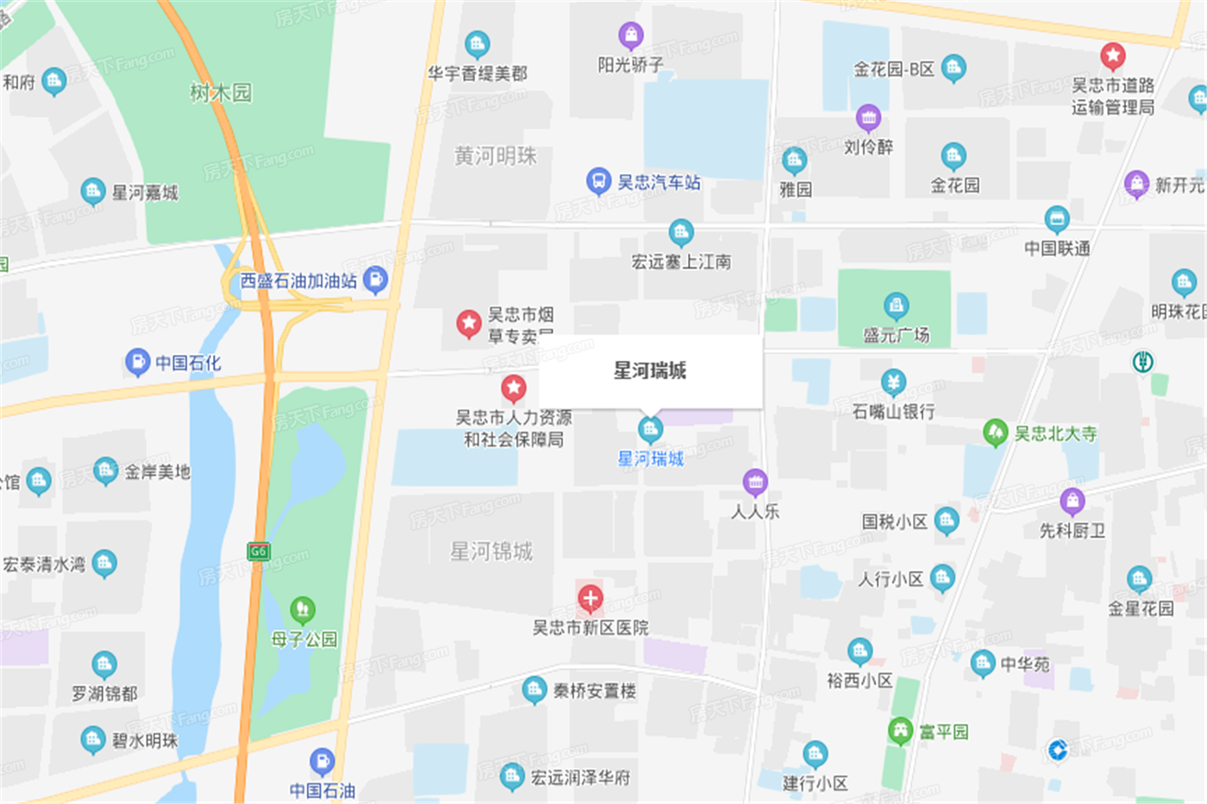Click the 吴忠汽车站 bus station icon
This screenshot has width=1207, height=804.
click(x=597, y=181)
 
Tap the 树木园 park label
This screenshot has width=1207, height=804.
click(x=221, y=92)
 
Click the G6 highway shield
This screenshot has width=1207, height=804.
click(x=258, y=551)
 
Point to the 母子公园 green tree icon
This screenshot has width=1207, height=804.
click(x=302, y=610)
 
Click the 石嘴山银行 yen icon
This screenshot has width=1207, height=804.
click(x=893, y=382)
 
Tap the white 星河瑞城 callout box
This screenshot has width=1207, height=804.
click(x=650, y=371)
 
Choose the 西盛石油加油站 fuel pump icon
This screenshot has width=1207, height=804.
click(x=375, y=279)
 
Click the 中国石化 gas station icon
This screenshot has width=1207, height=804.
click(x=137, y=362)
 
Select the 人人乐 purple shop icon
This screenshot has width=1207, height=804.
click(x=755, y=482)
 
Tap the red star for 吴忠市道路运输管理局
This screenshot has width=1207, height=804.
click(x=1112, y=56)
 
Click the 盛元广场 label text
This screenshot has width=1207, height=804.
click(x=897, y=335)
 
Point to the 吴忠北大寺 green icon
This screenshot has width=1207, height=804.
click(x=996, y=432)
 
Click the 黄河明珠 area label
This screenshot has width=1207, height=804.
click(x=495, y=156)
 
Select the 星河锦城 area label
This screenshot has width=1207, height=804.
click(x=491, y=551)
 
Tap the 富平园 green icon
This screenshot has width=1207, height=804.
click(x=901, y=731)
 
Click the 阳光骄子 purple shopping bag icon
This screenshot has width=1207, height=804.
click(x=631, y=35)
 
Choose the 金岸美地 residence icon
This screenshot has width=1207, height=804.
click(x=105, y=471)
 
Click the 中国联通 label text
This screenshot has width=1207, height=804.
click(x=1057, y=248)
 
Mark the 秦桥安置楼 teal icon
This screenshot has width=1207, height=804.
click(x=534, y=689)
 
